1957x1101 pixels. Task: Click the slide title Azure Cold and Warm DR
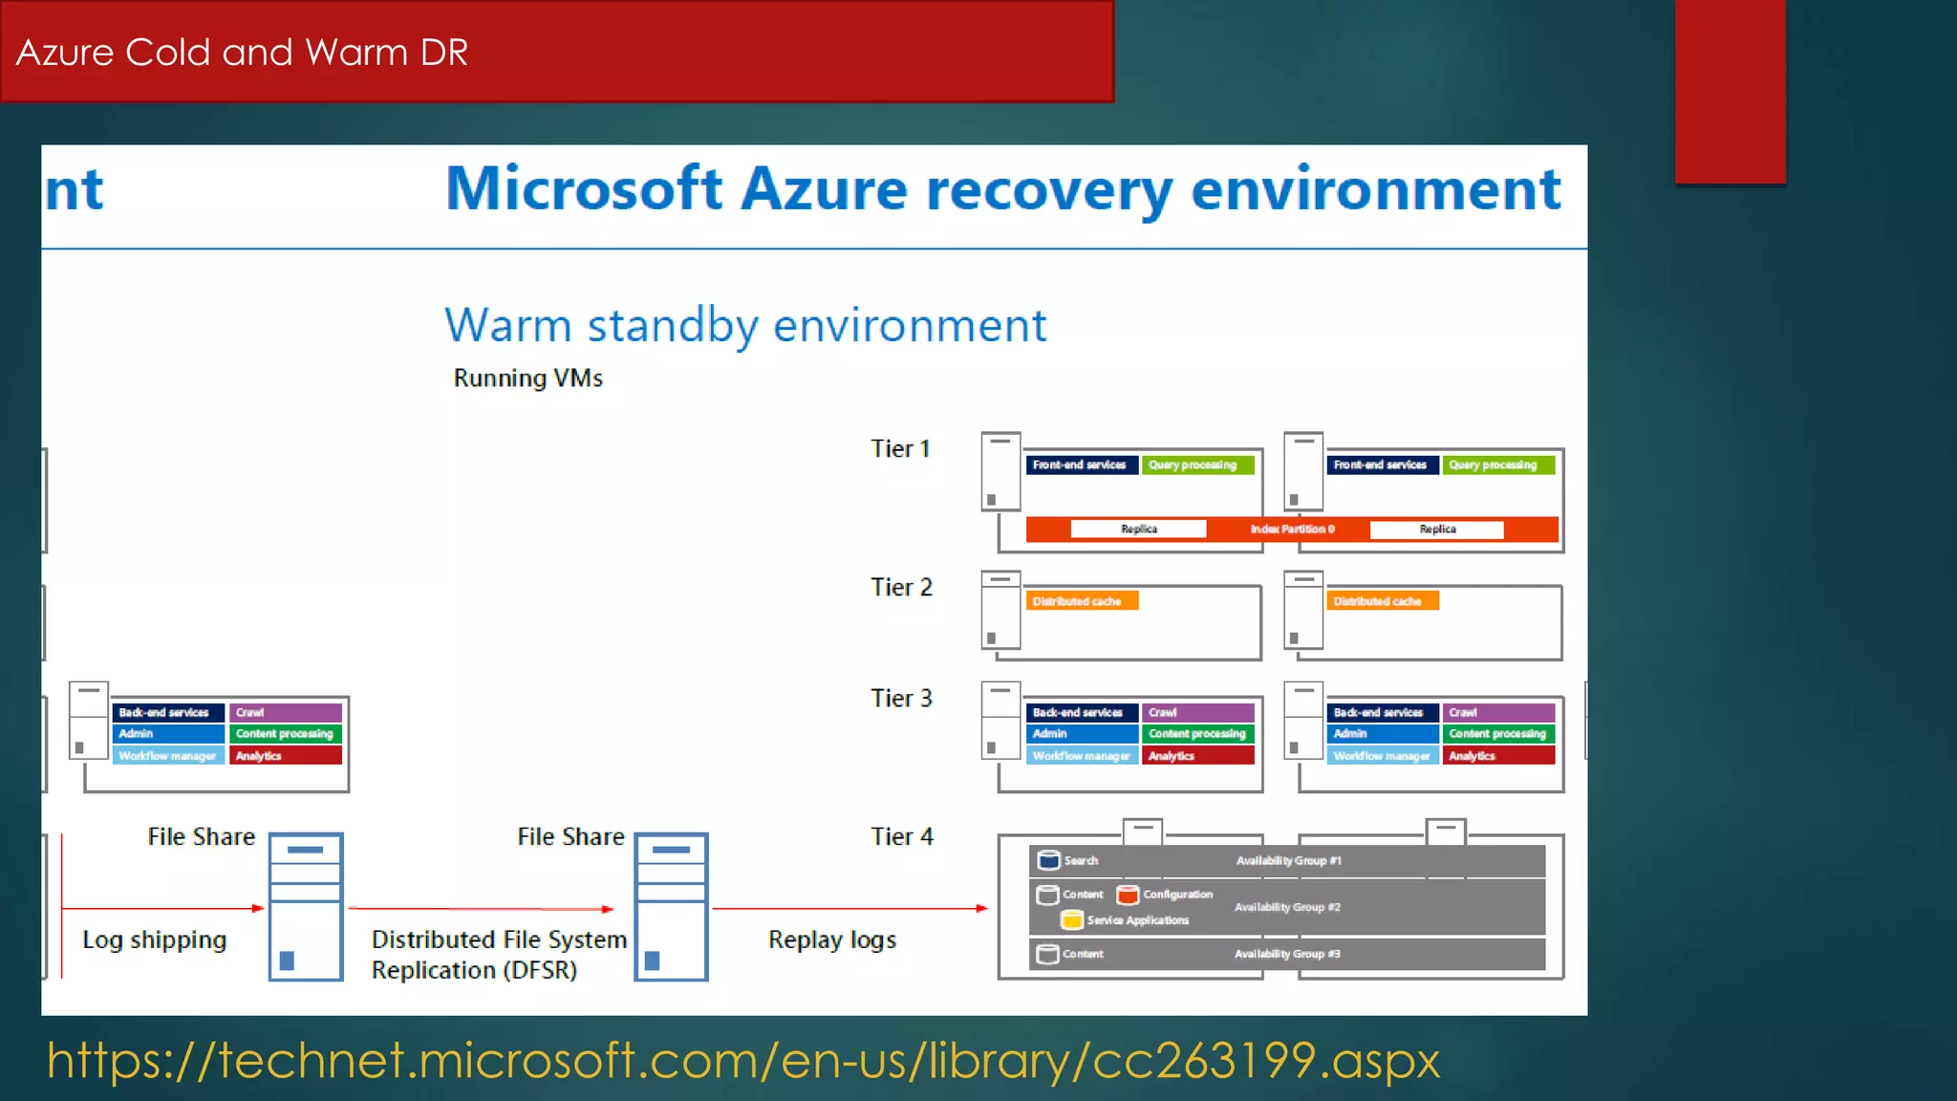pyautogui.click(x=242, y=53)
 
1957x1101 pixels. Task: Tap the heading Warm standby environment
pyautogui.click(x=745, y=326)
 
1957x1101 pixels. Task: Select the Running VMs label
pyautogui.click(x=527, y=378)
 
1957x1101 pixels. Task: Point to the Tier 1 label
pyautogui.click(x=900, y=449)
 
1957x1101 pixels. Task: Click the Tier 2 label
pyautogui.click(x=901, y=588)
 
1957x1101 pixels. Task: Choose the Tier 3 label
pyautogui.click(x=901, y=699)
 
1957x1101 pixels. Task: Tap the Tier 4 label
pyautogui.click(x=901, y=837)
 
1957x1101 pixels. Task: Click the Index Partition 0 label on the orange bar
pyautogui.click(x=1292, y=529)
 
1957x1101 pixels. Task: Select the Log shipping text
pyautogui.click(x=155, y=940)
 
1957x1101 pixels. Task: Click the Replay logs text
pyautogui.click(x=832, y=940)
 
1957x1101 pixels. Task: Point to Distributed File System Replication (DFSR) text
pyautogui.click(x=498, y=955)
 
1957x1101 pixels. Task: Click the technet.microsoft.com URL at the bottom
pyautogui.click(x=742, y=1061)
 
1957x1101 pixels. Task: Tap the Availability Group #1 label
pyautogui.click(x=1288, y=861)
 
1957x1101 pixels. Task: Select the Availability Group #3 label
pyautogui.click(x=1287, y=954)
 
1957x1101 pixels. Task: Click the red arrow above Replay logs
pyautogui.click(x=849, y=909)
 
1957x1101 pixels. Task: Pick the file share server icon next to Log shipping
pyautogui.click(x=306, y=906)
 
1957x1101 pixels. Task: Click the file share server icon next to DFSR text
pyautogui.click(x=672, y=906)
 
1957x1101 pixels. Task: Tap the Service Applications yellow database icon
pyautogui.click(x=1072, y=920)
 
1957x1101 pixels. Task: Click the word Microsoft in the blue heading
pyautogui.click(x=584, y=188)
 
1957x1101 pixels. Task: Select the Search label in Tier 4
pyautogui.click(x=1081, y=861)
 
